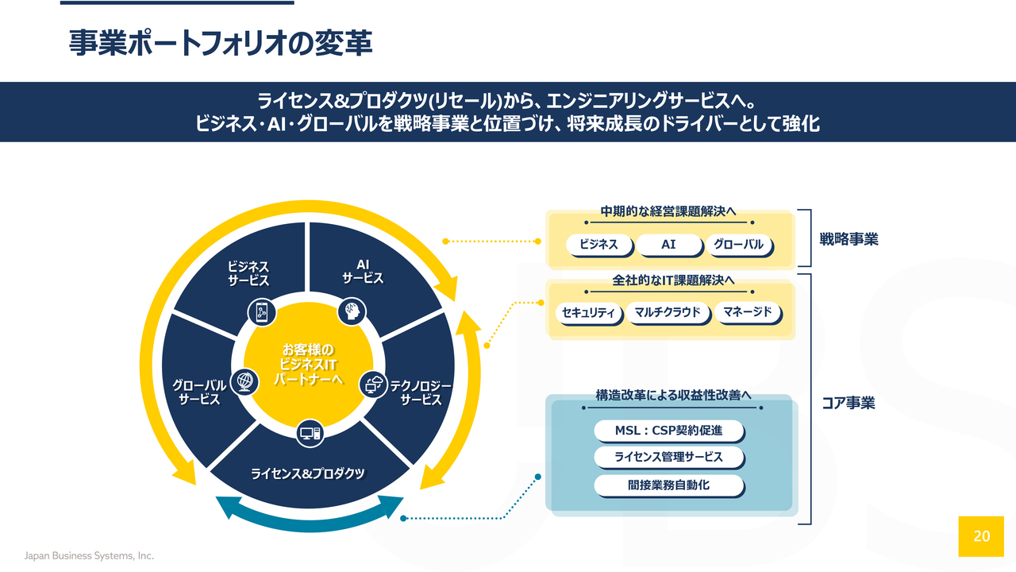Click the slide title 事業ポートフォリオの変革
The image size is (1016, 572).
(221, 44)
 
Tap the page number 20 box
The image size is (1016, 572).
(981, 536)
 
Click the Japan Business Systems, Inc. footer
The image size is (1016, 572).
(89, 555)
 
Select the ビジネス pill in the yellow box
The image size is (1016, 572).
(598, 245)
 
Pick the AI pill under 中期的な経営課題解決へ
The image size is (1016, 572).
(668, 245)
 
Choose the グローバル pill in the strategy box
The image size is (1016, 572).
(738, 245)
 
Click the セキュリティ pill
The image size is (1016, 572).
(588, 313)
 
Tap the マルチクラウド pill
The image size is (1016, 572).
(668, 312)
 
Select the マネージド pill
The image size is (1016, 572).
(747, 312)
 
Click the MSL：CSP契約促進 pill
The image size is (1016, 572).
(668, 431)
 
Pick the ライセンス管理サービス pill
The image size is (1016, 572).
(668, 457)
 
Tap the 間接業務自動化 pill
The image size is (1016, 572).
(668, 485)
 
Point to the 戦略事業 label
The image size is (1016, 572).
(849, 239)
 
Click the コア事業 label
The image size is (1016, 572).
(849, 403)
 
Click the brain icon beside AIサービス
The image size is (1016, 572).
(352, 311)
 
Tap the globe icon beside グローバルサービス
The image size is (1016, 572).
(245, 381)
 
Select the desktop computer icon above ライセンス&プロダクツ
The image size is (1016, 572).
(310, 434)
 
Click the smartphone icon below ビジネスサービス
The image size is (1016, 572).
(262, 312)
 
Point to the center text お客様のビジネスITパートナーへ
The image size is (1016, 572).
(309, 365)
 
